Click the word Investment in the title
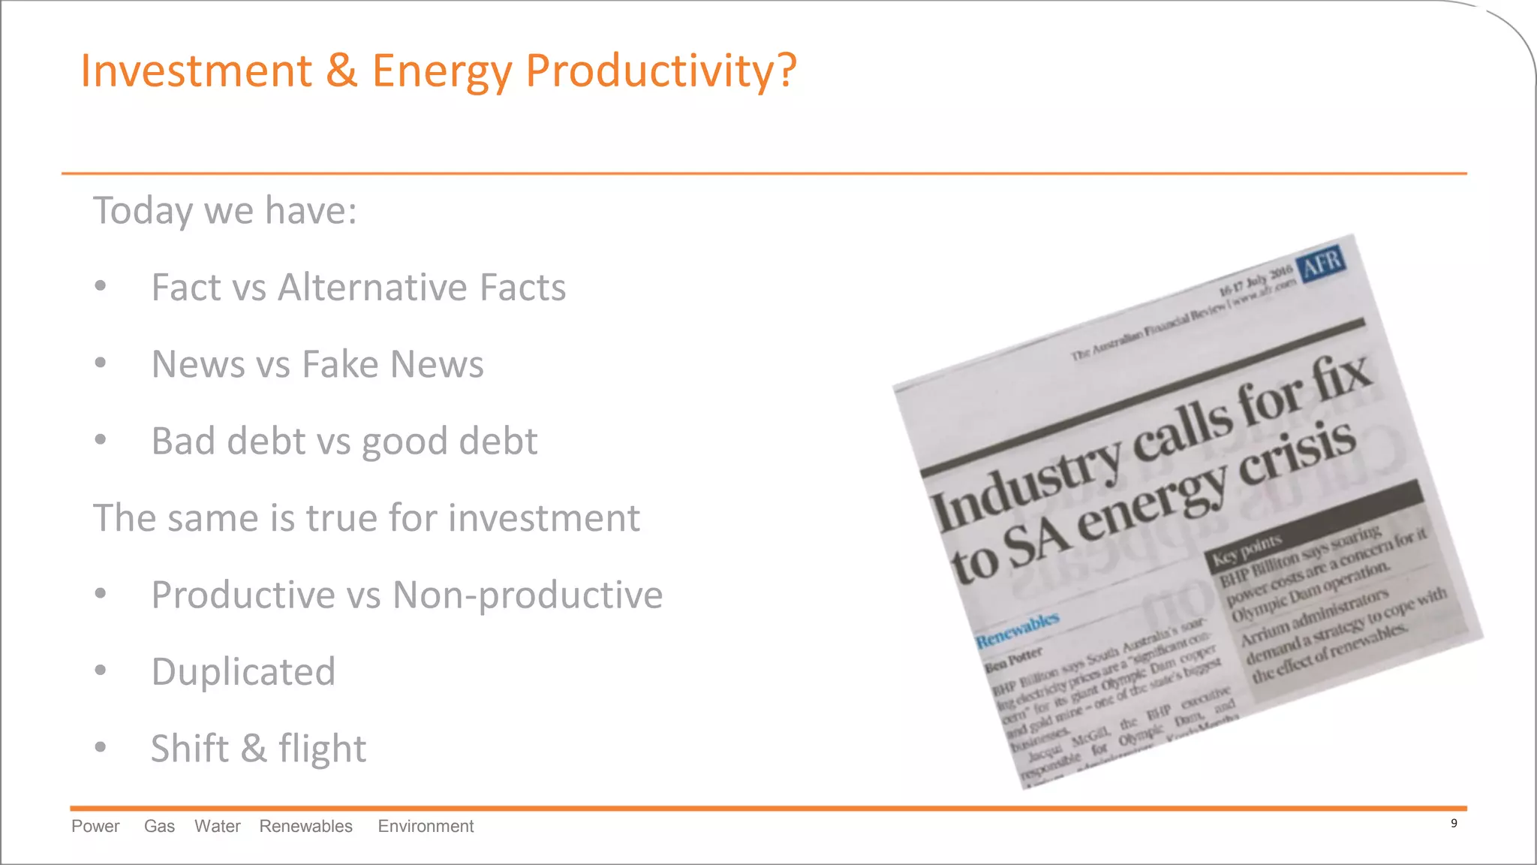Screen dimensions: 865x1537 point(196,71)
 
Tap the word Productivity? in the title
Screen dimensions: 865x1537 point(660,72)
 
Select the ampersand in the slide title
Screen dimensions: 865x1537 point(341,71)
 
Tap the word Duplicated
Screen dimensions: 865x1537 point(243,671)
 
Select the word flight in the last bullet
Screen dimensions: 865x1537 point(322,749)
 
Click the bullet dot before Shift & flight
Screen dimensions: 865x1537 point(101,747)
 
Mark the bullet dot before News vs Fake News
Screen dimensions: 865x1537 point(101,363)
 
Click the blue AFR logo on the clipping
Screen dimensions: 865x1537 point(1322,264)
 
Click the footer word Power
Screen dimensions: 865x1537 point(95,827)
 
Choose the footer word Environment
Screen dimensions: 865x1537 point(426,827)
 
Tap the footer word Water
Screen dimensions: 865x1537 point(217,827)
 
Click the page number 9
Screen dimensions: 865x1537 point(1454,824)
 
